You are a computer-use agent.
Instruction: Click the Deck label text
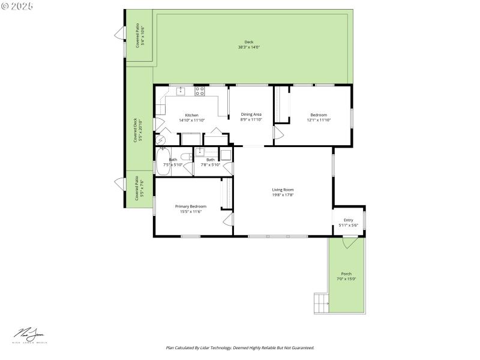[248, 42]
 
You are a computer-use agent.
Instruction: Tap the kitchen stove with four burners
[200, 91]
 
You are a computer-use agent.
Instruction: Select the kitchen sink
[181, 91]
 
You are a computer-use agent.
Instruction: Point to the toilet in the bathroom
[188, 157]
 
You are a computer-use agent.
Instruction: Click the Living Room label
[283, 190]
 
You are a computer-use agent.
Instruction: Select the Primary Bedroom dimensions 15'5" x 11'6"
[191, 211]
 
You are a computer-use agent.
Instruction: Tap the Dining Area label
[251, 114]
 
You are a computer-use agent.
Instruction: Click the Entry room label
[348, 220]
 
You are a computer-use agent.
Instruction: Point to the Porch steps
[321, 303]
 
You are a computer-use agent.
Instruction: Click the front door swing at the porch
[349, 242]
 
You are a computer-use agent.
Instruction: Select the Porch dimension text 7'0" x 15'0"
[346, 278]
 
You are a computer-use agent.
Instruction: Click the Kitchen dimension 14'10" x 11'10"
[191, 120]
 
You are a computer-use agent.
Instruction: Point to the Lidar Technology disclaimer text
[239, 347]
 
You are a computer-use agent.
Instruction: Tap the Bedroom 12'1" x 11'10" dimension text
[319, 120]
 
